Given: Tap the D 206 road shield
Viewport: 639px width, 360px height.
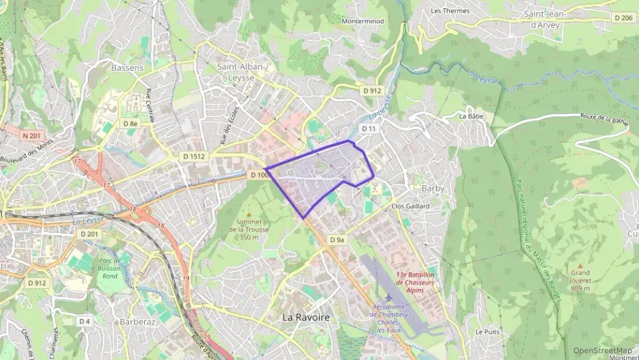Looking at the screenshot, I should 623,18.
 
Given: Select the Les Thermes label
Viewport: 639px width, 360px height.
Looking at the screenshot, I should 451,11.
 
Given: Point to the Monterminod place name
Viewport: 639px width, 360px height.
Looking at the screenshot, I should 366,21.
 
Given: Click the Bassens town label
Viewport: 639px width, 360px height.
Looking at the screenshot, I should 127,68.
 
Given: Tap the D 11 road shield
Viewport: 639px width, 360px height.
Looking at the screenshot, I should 369,128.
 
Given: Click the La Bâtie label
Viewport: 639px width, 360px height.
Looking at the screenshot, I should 471,116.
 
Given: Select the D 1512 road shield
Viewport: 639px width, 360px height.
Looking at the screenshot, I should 194,156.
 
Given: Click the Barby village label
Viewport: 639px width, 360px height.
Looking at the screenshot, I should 414,188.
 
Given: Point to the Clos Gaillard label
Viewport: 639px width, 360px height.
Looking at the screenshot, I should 410,206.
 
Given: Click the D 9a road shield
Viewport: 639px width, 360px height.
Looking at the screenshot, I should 337,240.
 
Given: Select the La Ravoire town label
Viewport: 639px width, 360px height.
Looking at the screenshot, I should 306,318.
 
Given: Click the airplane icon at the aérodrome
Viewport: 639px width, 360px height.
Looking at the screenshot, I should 388,299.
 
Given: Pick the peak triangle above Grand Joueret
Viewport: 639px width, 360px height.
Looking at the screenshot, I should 580,266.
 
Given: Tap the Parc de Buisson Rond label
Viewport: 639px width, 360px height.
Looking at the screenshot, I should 109,268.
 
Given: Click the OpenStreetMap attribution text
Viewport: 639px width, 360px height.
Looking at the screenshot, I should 603,350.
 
